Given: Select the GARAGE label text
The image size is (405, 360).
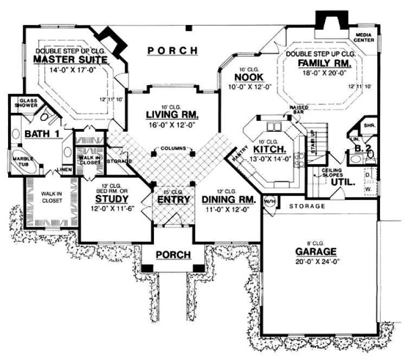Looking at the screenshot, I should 316,252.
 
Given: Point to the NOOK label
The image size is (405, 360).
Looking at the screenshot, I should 249,78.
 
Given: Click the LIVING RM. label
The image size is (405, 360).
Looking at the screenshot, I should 172,115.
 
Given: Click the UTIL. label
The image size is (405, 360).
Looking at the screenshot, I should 343,183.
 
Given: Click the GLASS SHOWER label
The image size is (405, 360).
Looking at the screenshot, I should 28,103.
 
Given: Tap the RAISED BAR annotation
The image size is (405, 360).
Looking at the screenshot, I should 299,111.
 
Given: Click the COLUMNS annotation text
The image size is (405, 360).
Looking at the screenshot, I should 173,148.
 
